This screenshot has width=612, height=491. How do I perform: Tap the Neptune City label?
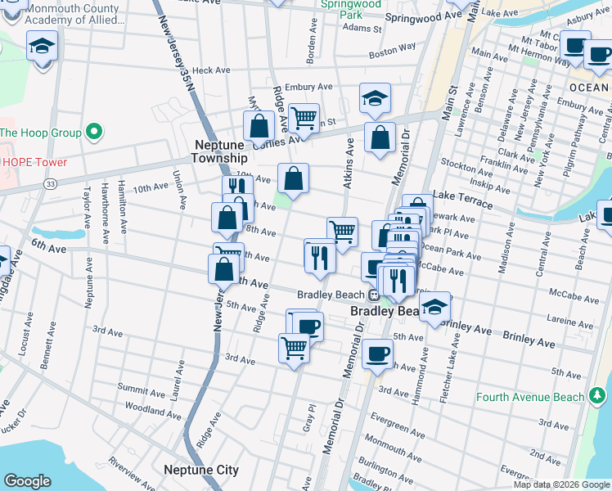pyautogui.click(x=200, y=470)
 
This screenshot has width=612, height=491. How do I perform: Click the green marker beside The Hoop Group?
pyautogui.click(x=95, y=132)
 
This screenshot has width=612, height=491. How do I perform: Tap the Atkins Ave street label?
pyautogui.click(x=349, y=163)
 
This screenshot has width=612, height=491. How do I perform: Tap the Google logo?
pyautogui.click(x=28, y=481)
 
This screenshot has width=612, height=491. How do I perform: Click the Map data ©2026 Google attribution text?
pyautogui.click(x=561, y=484)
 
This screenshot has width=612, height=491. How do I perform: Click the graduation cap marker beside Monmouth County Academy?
pyautogui.click(x=40, y=48)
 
